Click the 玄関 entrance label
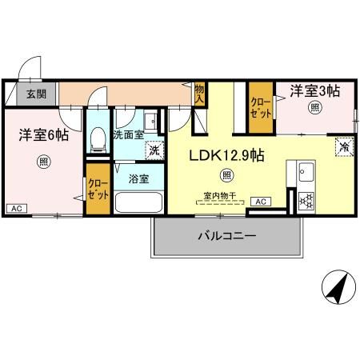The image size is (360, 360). (x=34, y=94)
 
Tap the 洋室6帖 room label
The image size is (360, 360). (x=43, y=136)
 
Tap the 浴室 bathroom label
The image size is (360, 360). (x=139, y=178)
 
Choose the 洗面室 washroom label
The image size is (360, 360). (x=127, y=135)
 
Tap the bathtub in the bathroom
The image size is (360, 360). (x=138, y=201)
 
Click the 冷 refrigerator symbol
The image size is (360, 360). (x=342, y=146)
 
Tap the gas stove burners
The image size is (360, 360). (x=306, y=199)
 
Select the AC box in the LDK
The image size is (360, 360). (x=262, y=202)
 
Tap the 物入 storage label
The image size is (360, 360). (x=199, y=94)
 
